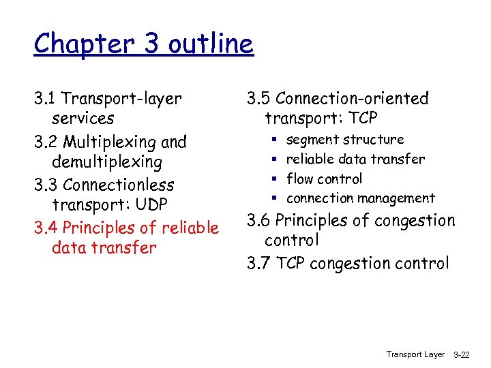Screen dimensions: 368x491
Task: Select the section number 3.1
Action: pyautogui.click(x=46, y=99)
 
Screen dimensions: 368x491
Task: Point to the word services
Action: pyautogui.click(x=83, y=119)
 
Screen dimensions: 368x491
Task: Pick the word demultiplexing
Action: pyautogui.click(x=107, y=162)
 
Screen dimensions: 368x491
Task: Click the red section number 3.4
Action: pyautogui.click(x=46, y=228)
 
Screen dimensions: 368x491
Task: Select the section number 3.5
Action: pyautogui.click(x=259, y=99)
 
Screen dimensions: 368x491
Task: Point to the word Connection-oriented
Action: pyautogui.click(x=353, y=99)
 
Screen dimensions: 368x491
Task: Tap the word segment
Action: pyautogui.click(x=311, y=140)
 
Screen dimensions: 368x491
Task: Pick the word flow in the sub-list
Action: pyautogui.click(x=299, y=179)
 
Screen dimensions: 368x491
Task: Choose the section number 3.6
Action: pyautogui.click(x=259, y=221)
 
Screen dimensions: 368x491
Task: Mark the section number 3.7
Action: pyautogui.click(x=259, y=263)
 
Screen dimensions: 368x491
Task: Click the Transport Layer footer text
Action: pyautogui.click(x=415, y=354)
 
